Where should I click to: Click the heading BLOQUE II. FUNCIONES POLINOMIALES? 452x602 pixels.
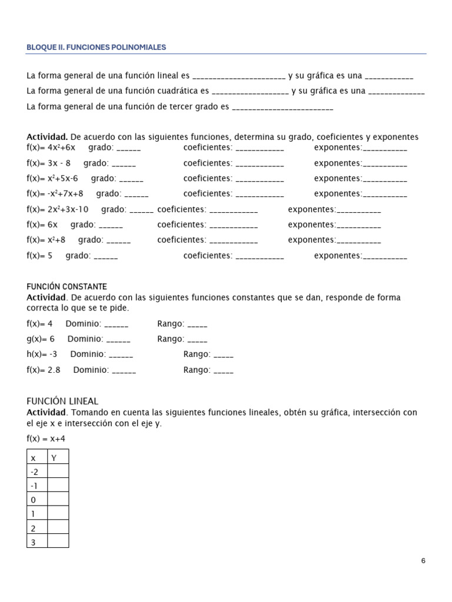96,47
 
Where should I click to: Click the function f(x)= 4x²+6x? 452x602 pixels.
51,148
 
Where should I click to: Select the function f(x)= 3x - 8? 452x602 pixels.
49,163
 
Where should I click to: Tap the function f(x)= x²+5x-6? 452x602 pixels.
52,178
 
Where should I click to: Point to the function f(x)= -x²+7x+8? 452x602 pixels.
55,193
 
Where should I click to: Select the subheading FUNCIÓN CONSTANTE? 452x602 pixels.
67,286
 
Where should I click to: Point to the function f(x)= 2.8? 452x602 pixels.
44,370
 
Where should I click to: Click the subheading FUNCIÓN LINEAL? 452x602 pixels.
62,401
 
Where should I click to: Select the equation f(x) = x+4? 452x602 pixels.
46,439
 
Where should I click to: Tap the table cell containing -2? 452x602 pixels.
37,471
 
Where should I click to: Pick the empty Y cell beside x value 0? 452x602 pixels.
58,499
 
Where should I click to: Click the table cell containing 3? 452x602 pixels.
37,541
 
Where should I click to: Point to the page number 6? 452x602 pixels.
423,561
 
